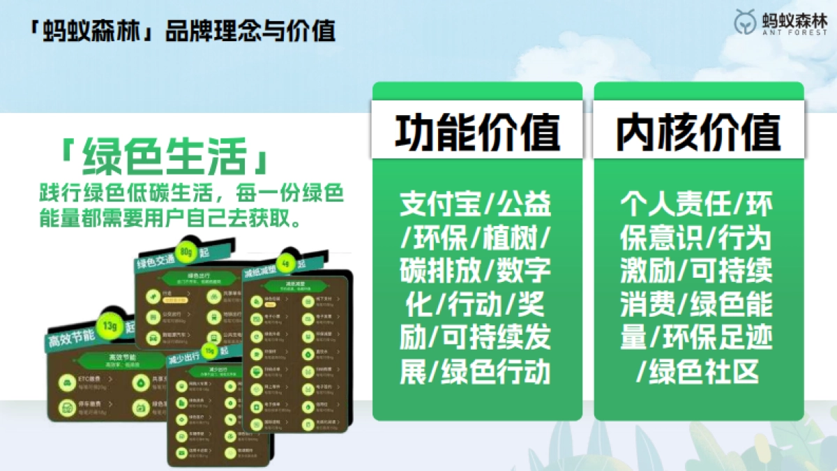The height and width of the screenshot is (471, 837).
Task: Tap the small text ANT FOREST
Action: [794, 31]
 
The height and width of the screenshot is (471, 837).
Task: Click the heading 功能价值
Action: [477, 133]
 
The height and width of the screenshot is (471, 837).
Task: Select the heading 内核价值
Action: [698, 133]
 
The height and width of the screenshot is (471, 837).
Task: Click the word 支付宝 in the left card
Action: [438, 205]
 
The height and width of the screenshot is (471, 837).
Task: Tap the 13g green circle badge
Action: [108, 327]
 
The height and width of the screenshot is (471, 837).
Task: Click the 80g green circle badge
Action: [185, 251]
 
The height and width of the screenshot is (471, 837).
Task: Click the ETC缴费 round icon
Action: [67, 382]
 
